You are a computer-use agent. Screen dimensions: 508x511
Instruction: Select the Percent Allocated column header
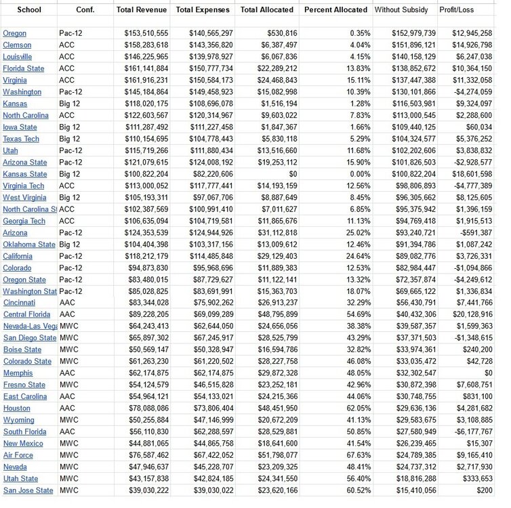pyautogui.click(x=335, y=10)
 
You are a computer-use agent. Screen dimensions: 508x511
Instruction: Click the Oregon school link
pyautogui.click(x=15, y=33)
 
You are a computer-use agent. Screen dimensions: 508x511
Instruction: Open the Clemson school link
pyautogui.click(x=17, y=45)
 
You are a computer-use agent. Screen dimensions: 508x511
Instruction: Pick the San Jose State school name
pyautogui.click(x=28, y=490)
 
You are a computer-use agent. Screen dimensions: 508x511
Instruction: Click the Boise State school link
pyautogui.click(x=22, y=350)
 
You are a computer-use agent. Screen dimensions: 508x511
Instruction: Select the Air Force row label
pyautogui.click(x=18, y=455)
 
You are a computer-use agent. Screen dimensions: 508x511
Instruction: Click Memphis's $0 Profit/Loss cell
pyautogui.click(x=483, y=373)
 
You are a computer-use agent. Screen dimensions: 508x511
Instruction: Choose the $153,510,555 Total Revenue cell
pyautogui.click(x=146, y=33)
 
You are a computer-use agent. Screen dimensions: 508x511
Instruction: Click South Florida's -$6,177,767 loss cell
pyautogui.click(x=472, y=431)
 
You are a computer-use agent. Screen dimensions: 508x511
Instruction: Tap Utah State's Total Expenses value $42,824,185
pyautogui.click(x=207, y=478)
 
